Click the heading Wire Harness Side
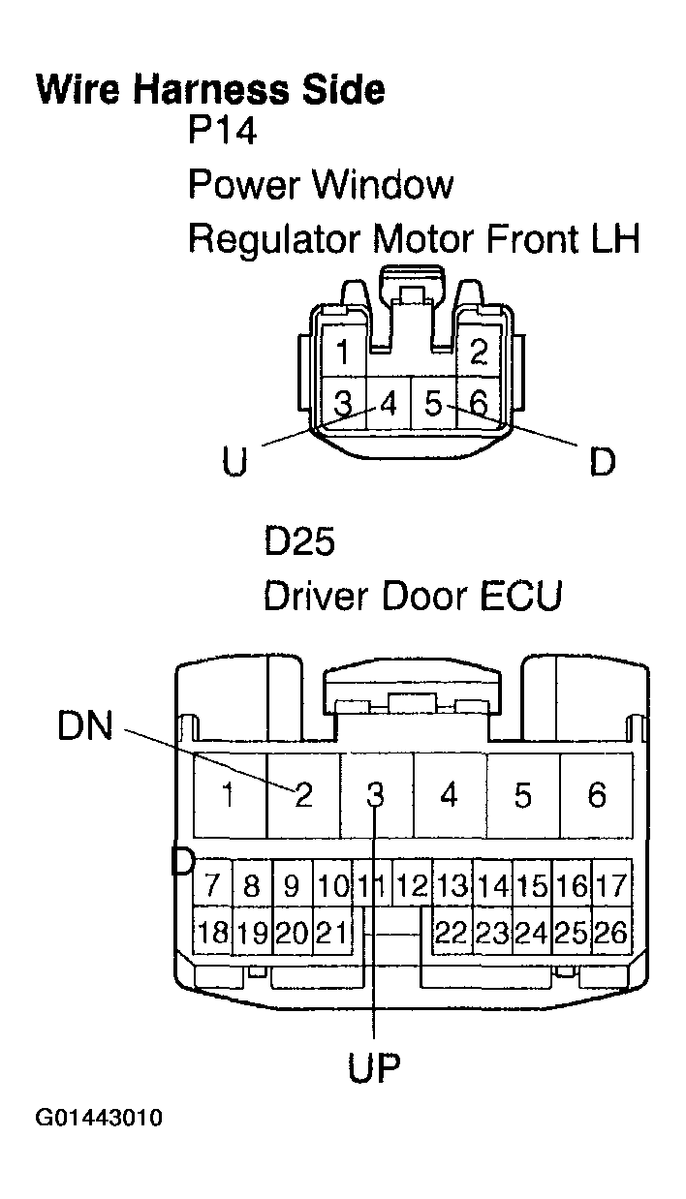209,89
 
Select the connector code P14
222,132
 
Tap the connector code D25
299,542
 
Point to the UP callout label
374,1068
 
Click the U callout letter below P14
234,462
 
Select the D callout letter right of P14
602,462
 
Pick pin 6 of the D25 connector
597,795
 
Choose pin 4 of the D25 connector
449,795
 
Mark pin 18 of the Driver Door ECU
211,933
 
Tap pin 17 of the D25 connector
612,885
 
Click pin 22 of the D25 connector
451,933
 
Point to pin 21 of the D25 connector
332,933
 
